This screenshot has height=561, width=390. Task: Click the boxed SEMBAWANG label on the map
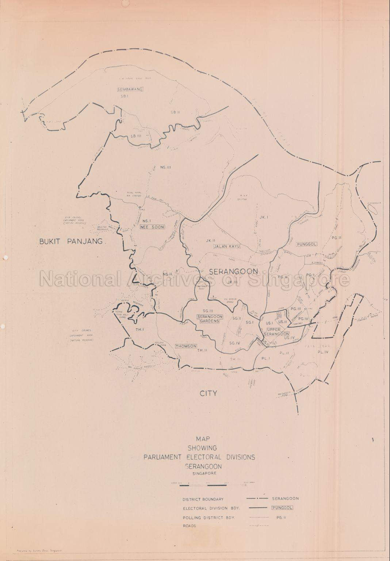click(x=130, y=89)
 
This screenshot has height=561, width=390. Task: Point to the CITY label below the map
click(x=208, y=393)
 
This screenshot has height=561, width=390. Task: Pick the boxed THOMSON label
click(x=186, y=346)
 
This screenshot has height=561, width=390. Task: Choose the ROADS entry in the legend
click(x=190, y=526)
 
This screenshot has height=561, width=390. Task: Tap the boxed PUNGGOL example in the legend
click(x=283, y=508)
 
